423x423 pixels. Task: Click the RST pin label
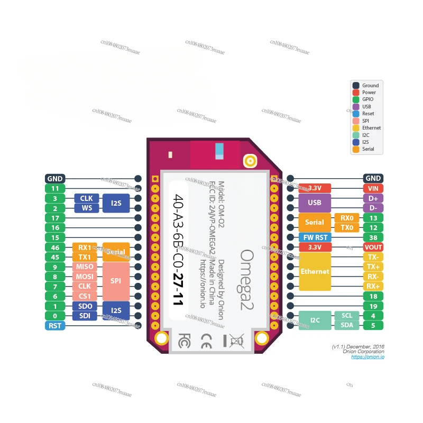tap(55, 326)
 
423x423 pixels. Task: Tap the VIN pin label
tap(373, 188)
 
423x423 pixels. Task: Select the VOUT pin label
tap(373, 247)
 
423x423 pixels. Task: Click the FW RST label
tap(315, 237)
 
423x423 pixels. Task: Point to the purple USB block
tap(315, 203)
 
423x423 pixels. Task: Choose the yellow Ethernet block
tap(315, 271)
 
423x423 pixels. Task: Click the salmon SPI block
tap(116, 281)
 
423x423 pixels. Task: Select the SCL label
tap(347, 316)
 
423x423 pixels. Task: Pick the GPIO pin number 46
tap(55, 247)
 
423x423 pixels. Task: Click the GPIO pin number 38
tap(373, 237)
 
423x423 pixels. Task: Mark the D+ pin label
tap(373, 198)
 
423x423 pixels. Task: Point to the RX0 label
tap(347, 218)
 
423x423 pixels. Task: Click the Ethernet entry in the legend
tap(371, 128)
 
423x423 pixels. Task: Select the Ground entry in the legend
tap(370, 86)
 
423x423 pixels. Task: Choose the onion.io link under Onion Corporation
tap(368, 357)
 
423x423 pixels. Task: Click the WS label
tap(86, 208)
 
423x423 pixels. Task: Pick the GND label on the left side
tap(55, 179)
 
